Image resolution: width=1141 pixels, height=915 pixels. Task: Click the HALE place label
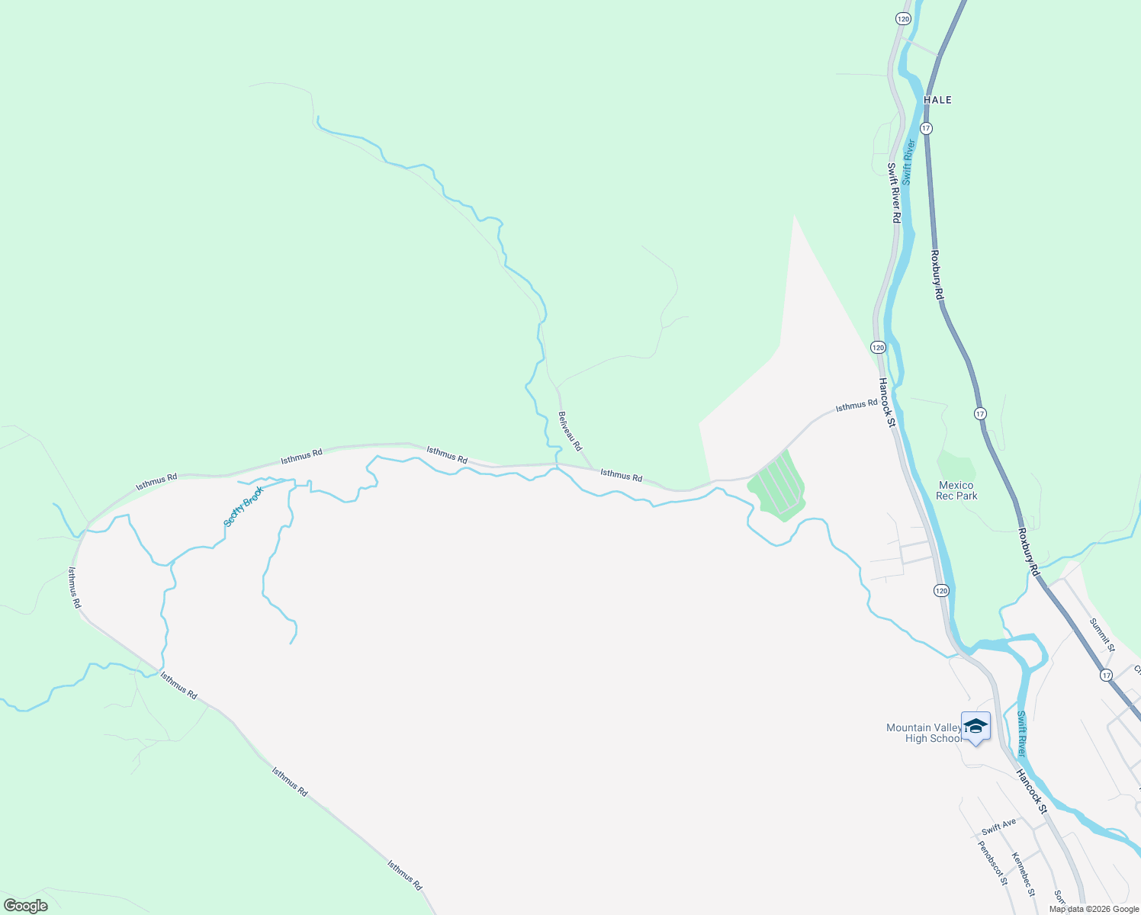pos(937,100)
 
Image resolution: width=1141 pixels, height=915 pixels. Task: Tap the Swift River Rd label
pos(895,192)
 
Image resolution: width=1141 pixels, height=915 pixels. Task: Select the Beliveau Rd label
pos(570,431)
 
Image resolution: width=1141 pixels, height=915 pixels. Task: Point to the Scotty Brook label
pos(243,506)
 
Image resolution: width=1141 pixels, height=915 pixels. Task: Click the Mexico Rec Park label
pos(956,490)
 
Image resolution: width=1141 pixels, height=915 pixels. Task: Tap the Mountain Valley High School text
pos(924,733)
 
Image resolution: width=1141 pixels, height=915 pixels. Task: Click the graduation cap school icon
pos(975,725)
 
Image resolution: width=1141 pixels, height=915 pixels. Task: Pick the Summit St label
pos(1102,634)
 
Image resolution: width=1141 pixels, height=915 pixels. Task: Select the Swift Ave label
pos(998,827)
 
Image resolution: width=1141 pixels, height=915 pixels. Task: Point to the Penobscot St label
pos(992,862)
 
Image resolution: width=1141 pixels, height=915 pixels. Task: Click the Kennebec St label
pos(1024,874)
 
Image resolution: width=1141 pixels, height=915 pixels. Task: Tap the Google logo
pos(25,906)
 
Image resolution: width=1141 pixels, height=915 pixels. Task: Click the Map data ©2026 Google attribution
pos(1094,909)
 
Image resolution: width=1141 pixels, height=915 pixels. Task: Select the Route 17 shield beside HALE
pos(926,128)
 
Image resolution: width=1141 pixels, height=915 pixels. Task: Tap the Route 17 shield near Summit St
pos(1106,675)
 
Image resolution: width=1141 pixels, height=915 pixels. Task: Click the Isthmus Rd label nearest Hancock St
pos(856,406)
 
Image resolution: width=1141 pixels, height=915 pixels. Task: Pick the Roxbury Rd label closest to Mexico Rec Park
pos(1027,551)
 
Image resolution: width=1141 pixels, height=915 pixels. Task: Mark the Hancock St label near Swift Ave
pos(1032,791)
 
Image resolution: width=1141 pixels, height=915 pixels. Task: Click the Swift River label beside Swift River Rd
pos(908,162)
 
